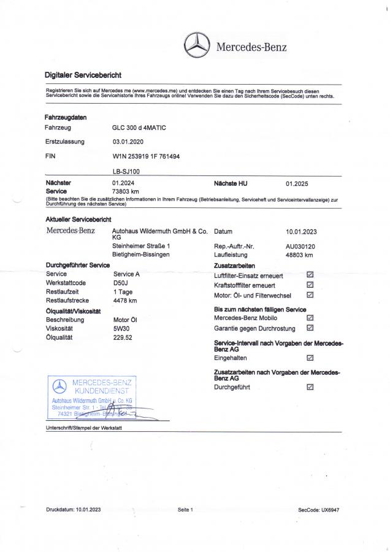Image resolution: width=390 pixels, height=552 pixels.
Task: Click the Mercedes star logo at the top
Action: click(x=197, y=45)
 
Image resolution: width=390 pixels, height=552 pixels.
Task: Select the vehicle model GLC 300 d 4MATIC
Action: click(x=139, y=128)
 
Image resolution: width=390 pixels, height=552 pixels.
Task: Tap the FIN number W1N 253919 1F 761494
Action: click(x=146, y=156)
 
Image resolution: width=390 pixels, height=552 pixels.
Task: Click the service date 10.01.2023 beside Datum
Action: click(x=302, y=232)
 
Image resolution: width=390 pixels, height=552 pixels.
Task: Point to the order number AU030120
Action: click(x=300, y=246)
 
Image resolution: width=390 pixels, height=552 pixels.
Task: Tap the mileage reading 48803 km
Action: click(x=300, y=255)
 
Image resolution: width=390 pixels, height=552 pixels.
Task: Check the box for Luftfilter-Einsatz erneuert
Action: click(x=310, y=275)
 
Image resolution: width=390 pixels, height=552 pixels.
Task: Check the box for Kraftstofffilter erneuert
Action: click(x=310, y=285)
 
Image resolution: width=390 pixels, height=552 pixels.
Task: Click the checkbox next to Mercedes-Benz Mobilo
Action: click(x=310, y=318)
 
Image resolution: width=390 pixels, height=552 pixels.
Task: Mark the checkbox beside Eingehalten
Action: click(x=310, y=358)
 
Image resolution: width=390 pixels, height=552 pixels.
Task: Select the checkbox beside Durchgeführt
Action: click(x=310, y=387)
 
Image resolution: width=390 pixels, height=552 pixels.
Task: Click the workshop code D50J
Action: click(x=121, y=283)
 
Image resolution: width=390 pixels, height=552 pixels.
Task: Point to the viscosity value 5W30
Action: click(x=122, y=329)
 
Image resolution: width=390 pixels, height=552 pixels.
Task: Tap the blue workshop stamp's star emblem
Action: click(x=59, y=386)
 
